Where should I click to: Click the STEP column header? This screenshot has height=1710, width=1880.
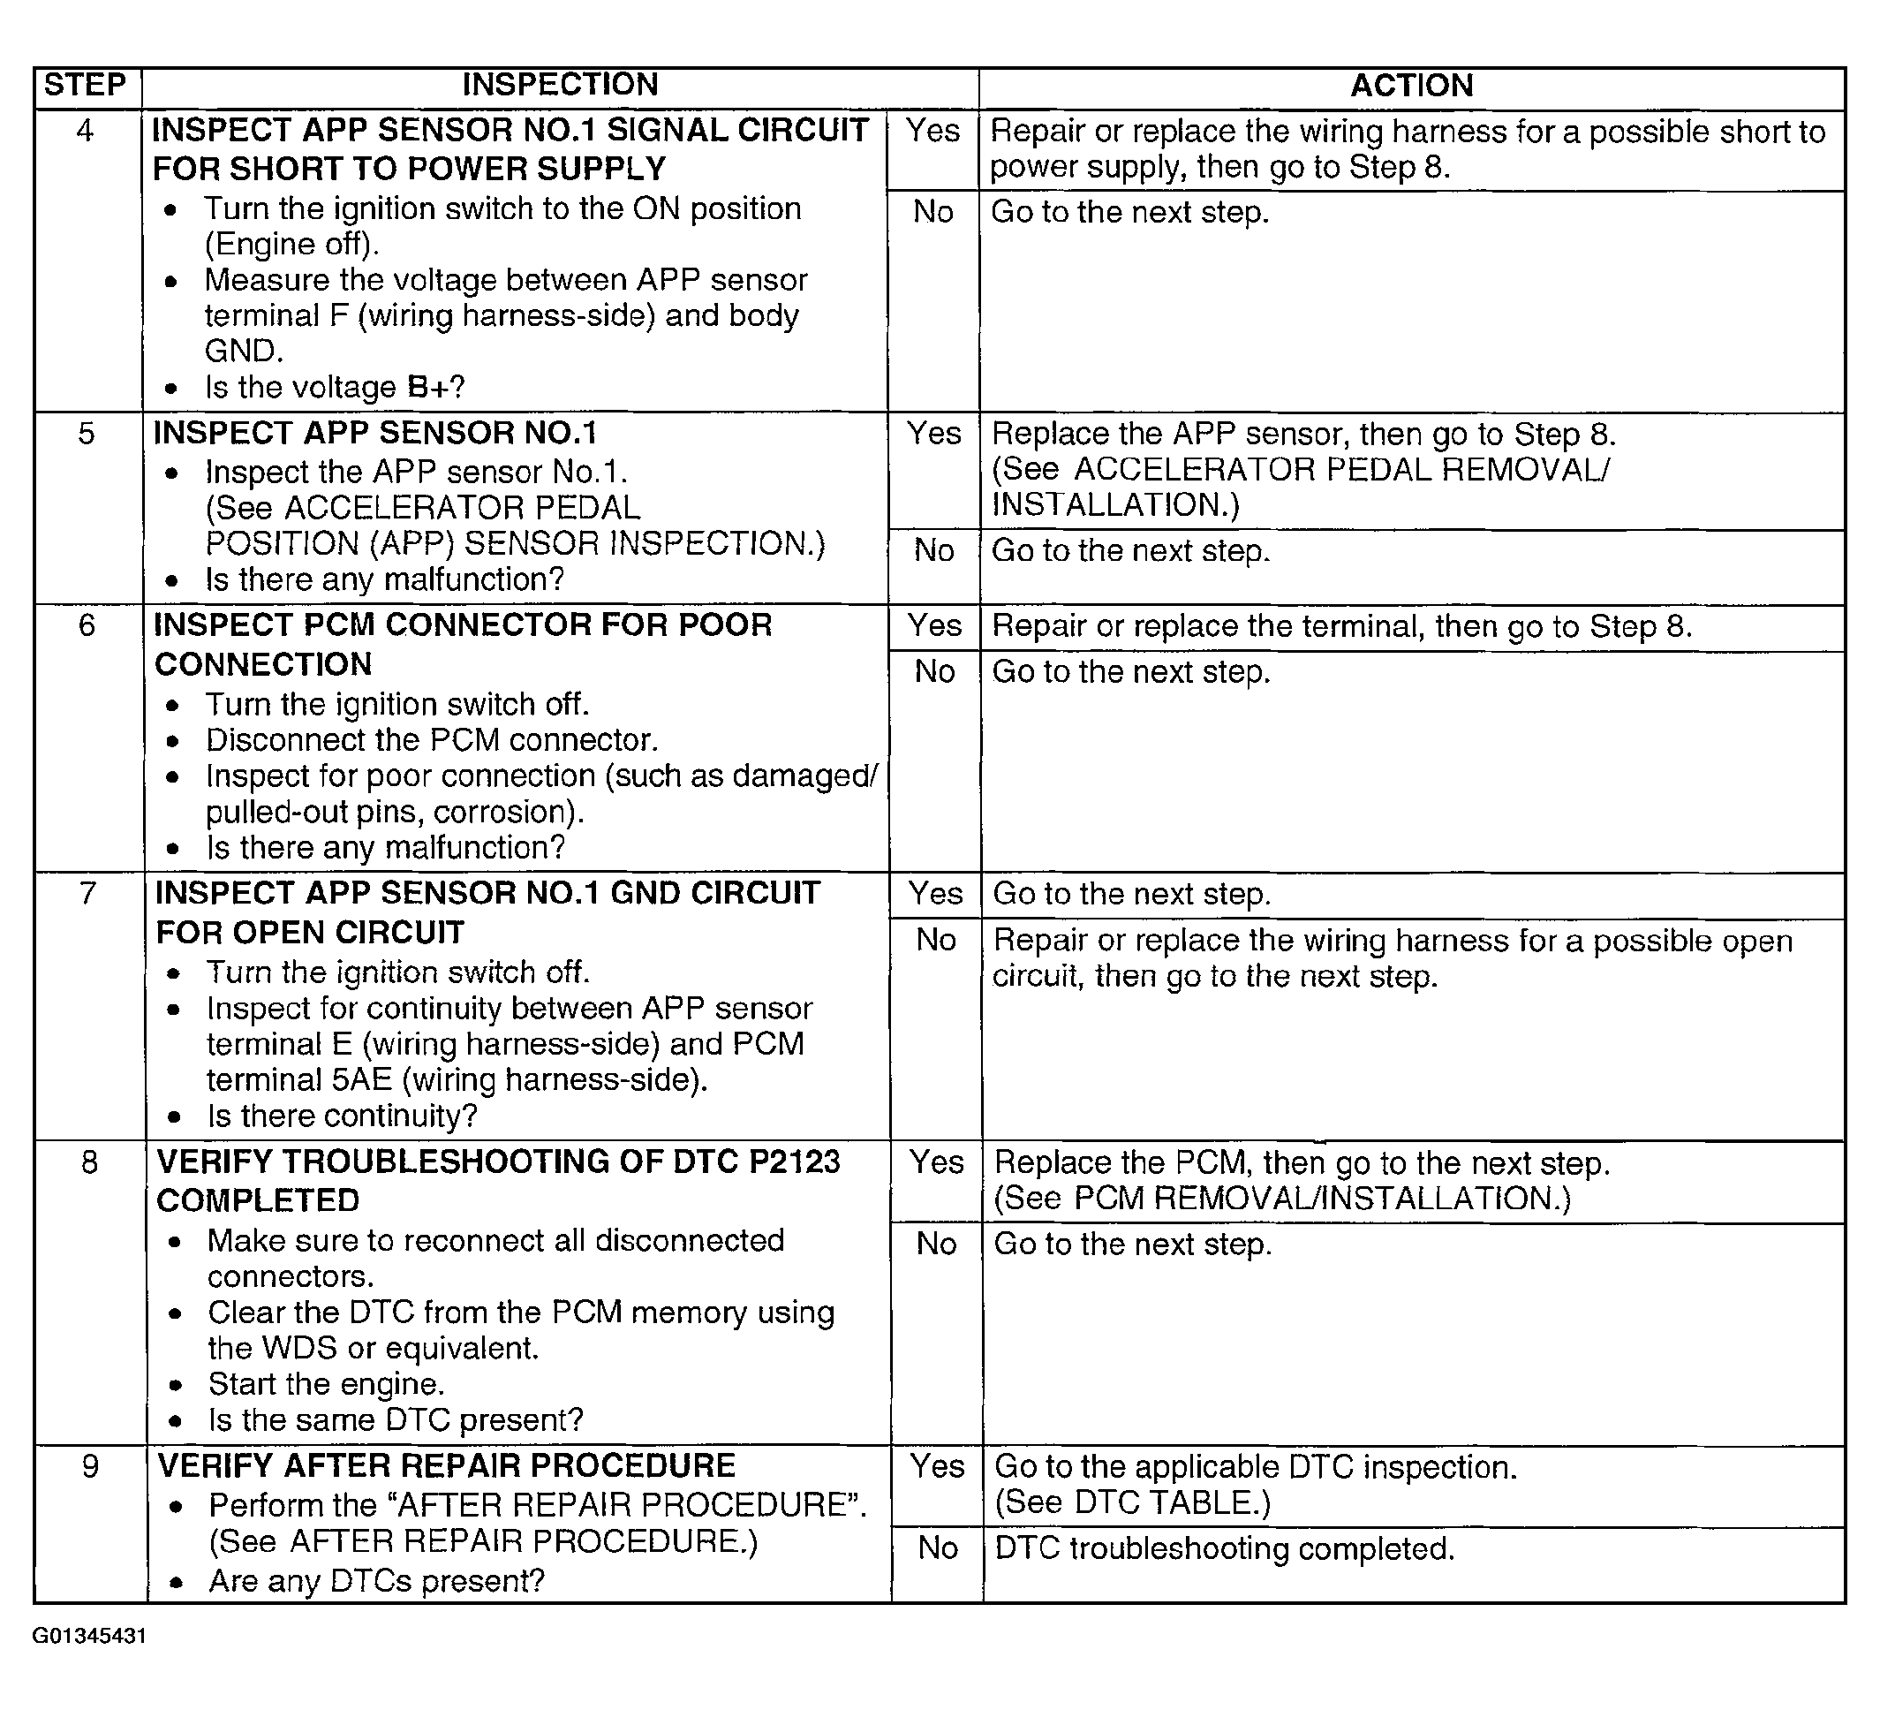85,85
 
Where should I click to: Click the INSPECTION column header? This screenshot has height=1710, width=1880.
560,85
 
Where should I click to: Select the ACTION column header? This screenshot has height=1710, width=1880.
1411,86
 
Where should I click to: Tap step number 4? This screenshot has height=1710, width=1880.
85,131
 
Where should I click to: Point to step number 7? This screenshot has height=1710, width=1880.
87,894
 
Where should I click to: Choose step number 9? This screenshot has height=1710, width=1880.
89,1466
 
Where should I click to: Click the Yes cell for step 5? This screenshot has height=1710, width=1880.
933,434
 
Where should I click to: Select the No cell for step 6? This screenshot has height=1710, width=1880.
934,671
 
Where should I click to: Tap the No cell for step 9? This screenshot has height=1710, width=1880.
937,1548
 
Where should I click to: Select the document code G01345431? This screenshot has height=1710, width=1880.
89,1637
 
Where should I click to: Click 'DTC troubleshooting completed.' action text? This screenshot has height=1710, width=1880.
1224,1548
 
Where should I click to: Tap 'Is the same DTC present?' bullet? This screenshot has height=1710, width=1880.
396,1420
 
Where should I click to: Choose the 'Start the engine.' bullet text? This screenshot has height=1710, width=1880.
327,1384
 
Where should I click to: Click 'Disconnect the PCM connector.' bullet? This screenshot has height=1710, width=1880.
432,740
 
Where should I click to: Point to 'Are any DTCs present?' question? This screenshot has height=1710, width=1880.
377,1581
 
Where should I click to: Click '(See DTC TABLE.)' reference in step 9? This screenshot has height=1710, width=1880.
1133,1503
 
